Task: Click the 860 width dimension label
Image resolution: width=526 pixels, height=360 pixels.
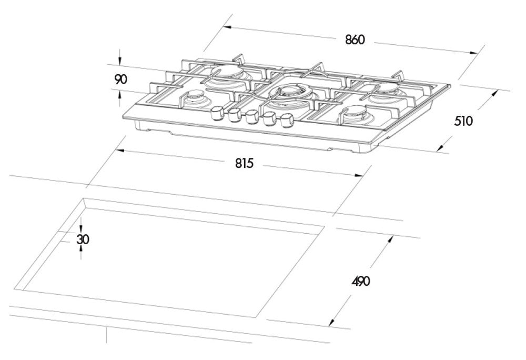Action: (355, 39)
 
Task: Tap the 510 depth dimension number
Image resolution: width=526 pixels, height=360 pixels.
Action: (463, 121)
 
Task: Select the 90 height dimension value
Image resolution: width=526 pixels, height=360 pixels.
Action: (121, 79)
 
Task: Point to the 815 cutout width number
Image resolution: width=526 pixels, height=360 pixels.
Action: (244, 163)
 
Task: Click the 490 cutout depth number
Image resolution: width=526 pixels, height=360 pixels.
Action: (361, 281)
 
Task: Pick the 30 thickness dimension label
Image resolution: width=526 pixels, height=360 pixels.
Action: (83, 239)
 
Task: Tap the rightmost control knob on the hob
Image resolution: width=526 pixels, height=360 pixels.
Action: (286, 121)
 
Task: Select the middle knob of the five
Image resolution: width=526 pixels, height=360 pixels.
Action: (251, 117)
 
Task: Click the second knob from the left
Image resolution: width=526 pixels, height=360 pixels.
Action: (234, 115)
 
